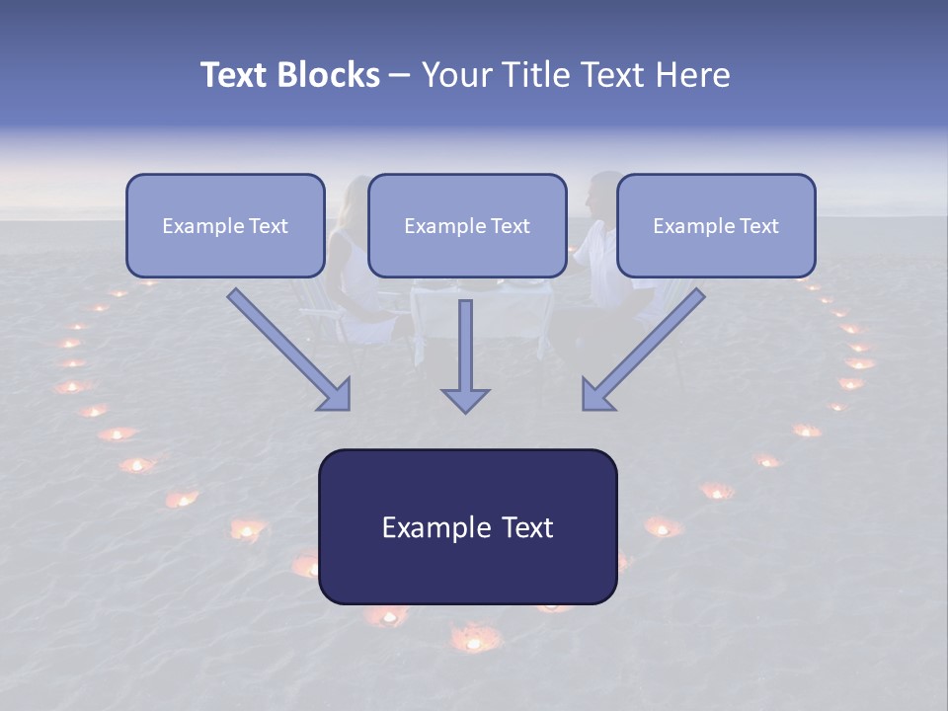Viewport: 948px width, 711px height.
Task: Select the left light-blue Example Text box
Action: coord(225,226)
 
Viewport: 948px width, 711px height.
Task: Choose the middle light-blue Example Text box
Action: coord(467,226)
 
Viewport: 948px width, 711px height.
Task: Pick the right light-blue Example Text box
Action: coord(716,226)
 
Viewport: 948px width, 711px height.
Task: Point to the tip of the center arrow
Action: coord(465,410)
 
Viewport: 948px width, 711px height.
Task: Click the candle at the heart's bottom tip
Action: coord(474,642)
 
